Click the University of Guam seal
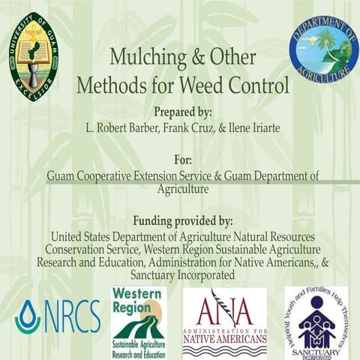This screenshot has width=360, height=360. point(34,56)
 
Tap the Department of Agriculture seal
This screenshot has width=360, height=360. point(323,49)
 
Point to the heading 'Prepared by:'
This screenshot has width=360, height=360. point(183,112)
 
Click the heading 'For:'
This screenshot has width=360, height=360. point(183,160)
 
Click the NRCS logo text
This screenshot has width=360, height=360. point(71,316)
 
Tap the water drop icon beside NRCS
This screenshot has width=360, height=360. point(27,316)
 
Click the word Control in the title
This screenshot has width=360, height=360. point(261,85)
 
